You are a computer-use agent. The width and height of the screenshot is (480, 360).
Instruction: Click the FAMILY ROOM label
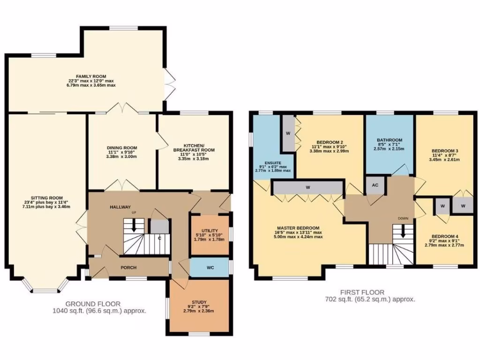tap(91, 76)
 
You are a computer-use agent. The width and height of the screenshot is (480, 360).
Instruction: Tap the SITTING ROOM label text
tap(46, 198)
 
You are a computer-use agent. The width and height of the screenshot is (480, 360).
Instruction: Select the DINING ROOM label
tap(121, 148)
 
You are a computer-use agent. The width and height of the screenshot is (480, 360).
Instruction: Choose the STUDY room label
tap(199, 302)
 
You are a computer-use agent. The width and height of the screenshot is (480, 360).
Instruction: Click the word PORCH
tap(128, 268)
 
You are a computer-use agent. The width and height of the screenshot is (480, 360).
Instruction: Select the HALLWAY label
tap(120, 207)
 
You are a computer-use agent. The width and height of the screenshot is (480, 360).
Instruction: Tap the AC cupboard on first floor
tap(375, 185)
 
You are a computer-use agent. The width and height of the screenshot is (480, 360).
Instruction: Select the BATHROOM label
tap(390, 140)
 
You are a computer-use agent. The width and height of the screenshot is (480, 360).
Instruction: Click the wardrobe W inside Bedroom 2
tap(288, 134)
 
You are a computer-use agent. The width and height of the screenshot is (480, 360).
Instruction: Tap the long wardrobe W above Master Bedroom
tap(308, 187)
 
